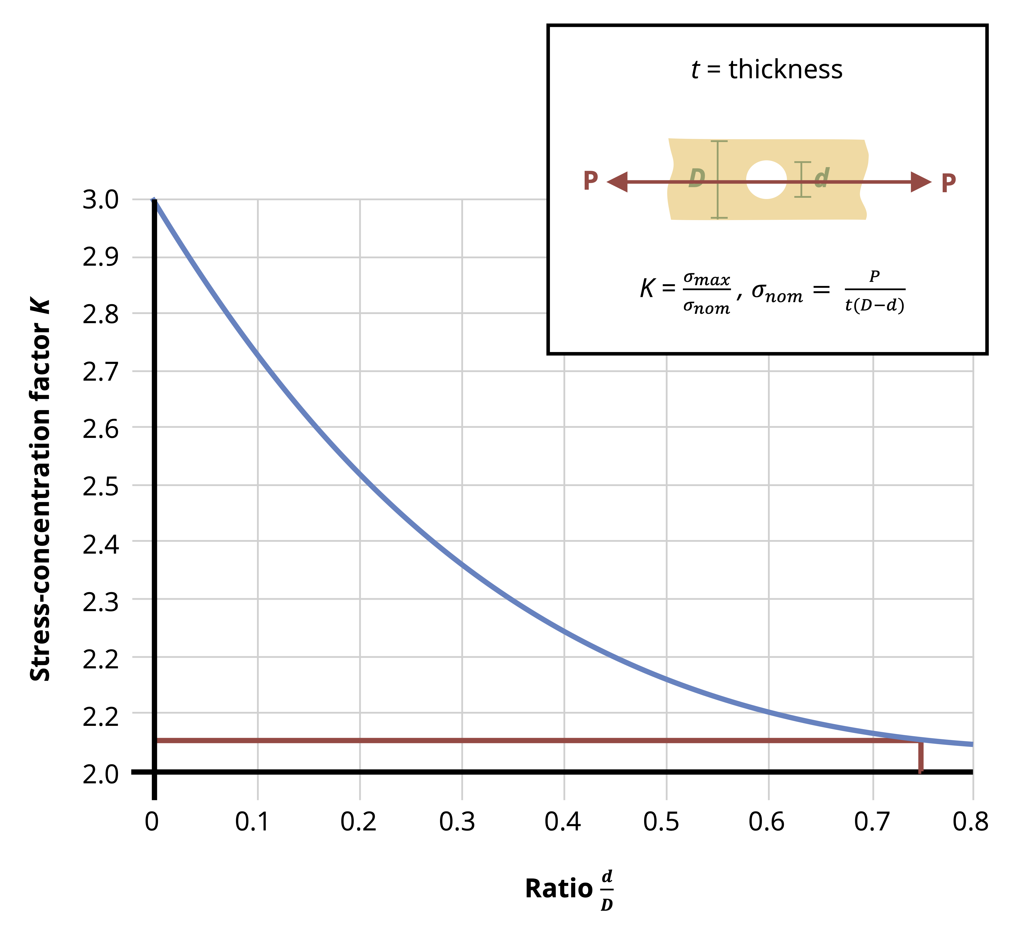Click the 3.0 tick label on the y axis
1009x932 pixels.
click(x=100, y=200)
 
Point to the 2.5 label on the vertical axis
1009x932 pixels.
click(x=100, y=487)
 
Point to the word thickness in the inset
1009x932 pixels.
click(x=785, y=70)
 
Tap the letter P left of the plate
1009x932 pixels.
click(x=590, y=181)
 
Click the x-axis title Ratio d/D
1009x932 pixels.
click(x=569, y=889)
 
